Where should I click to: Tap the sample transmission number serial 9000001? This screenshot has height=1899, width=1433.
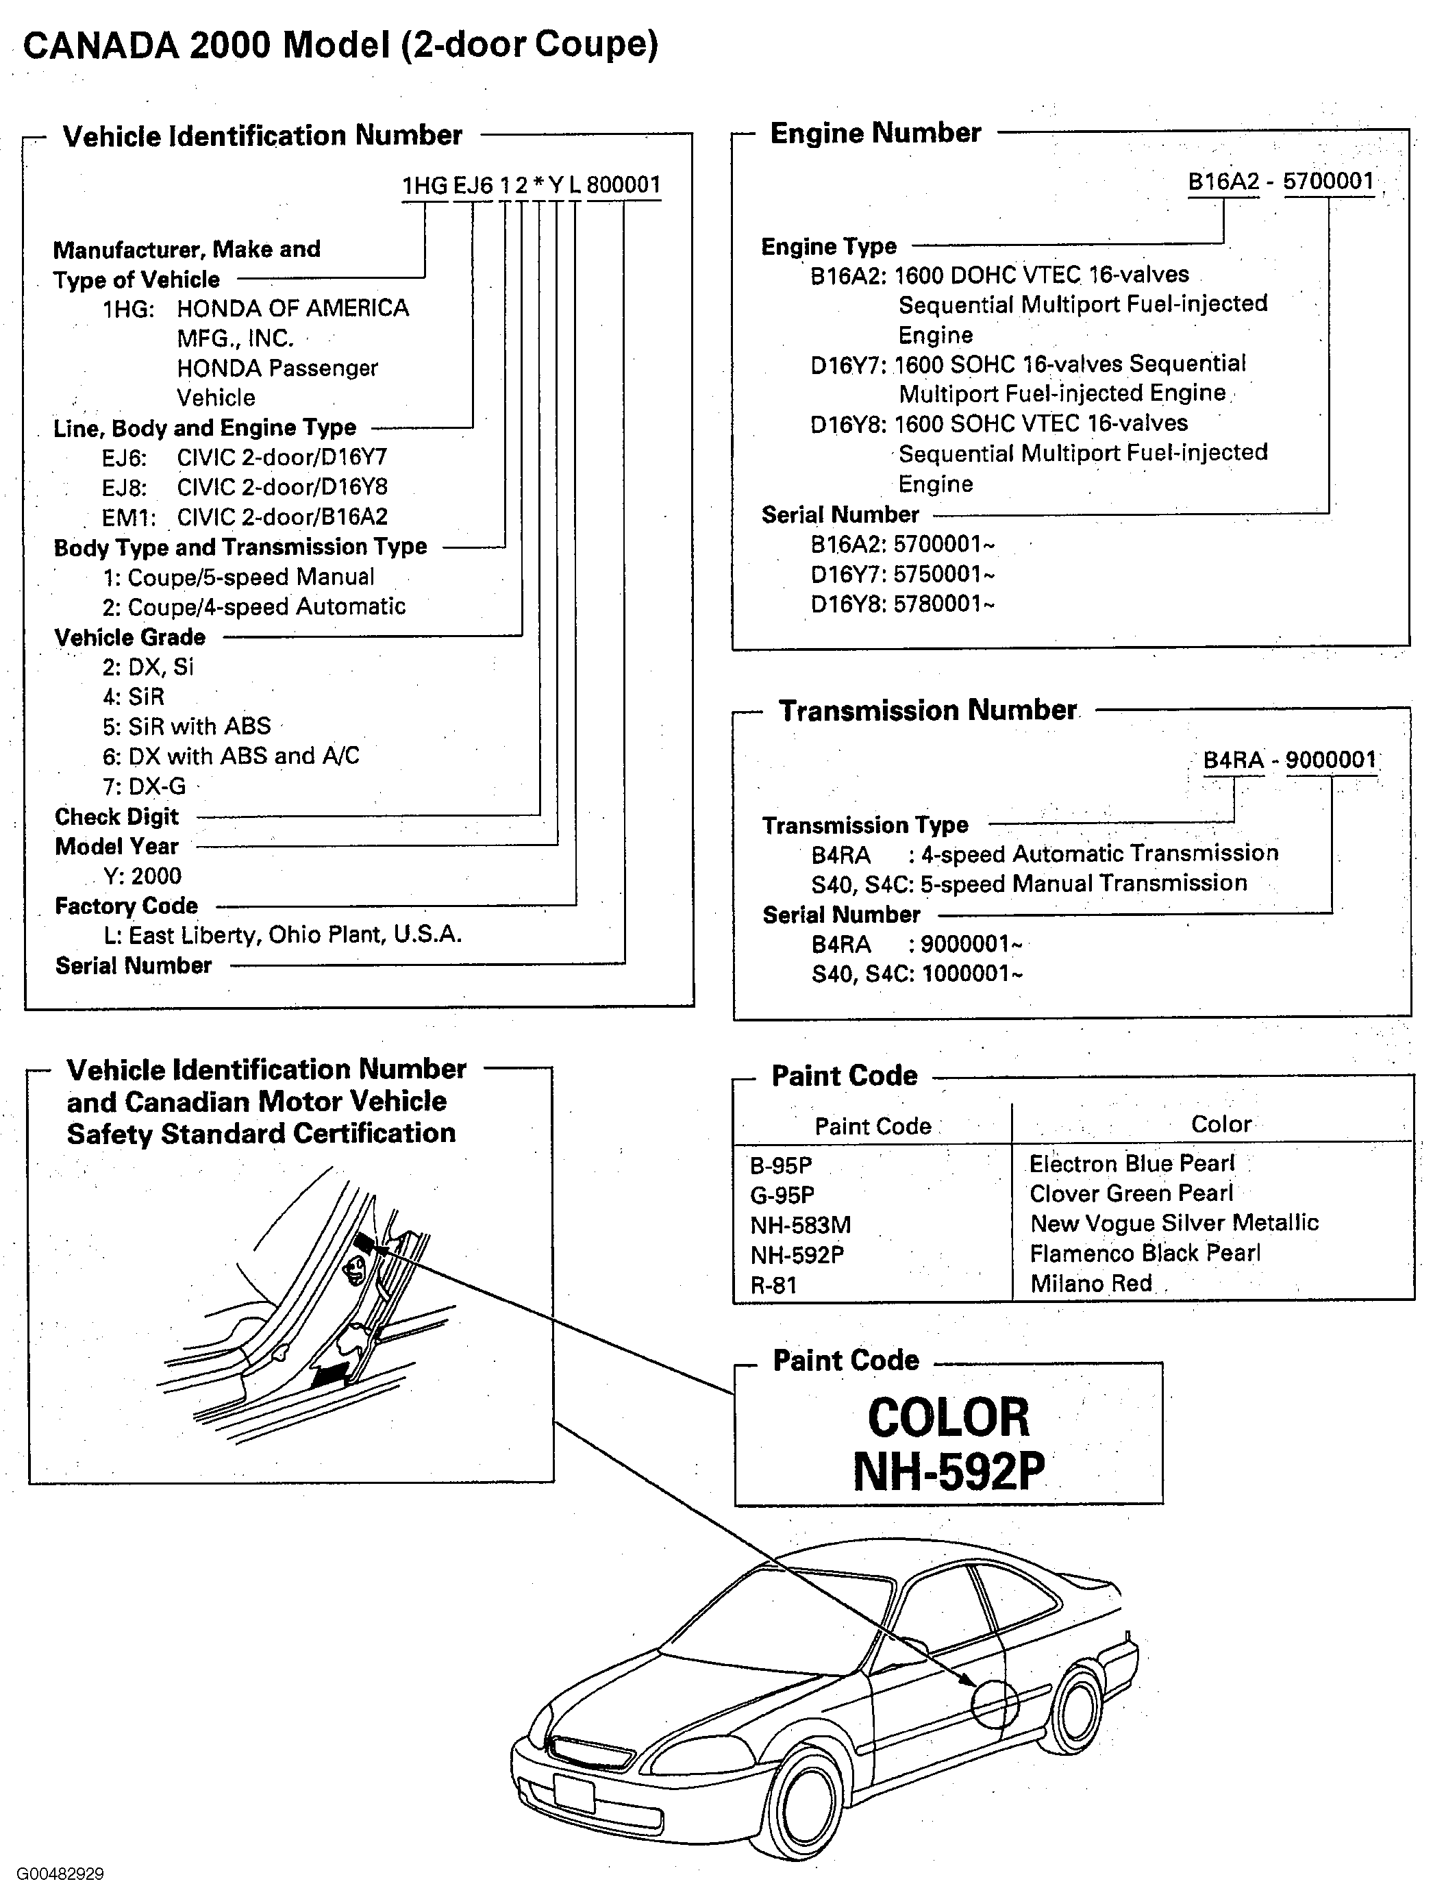1330,760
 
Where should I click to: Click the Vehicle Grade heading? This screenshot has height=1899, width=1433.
129,637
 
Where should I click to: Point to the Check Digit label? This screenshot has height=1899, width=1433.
116,817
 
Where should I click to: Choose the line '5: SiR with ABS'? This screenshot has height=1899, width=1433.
186,726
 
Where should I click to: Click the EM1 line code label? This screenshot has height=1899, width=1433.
123,517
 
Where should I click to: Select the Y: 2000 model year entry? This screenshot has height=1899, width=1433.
142,876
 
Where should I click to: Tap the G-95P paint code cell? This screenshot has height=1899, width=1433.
782,1195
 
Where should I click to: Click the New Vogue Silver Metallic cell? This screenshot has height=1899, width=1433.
1173,1223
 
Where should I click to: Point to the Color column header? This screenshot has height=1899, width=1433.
1220,1125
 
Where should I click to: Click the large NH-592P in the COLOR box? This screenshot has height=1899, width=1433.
948,1472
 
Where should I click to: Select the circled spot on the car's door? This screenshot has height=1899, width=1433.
994,1703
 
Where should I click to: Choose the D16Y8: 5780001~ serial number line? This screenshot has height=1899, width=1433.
902,604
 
